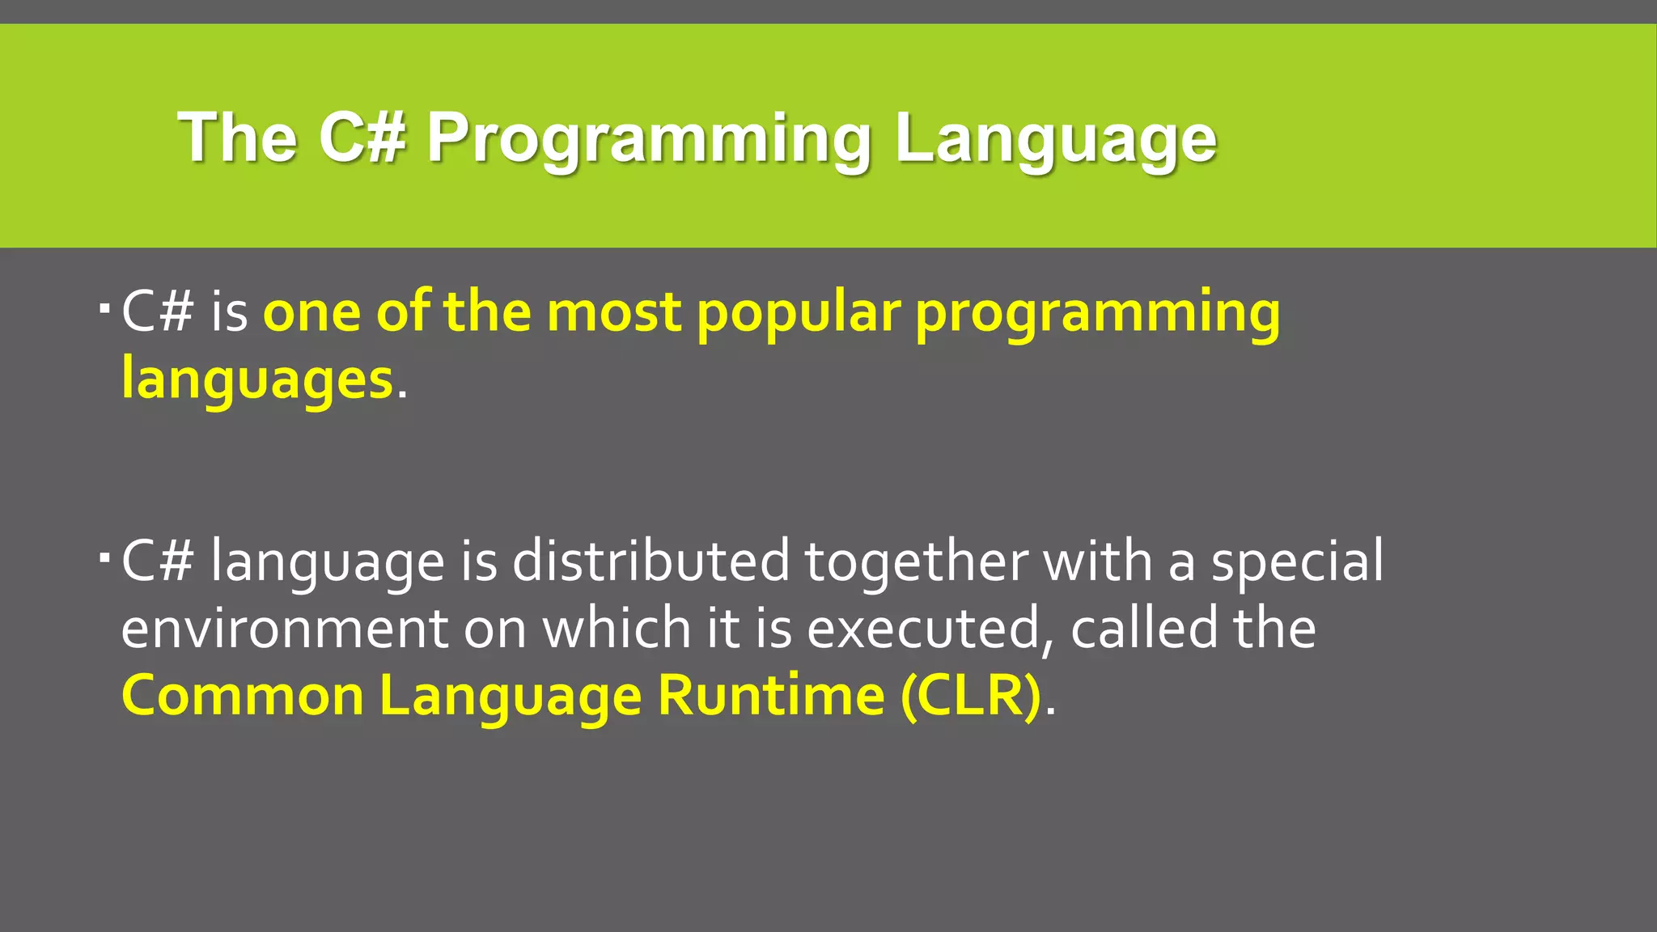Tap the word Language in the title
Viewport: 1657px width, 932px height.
point(1055,138)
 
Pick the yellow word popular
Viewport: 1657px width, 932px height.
point(798,313)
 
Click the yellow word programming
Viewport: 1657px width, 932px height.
point(1097,313)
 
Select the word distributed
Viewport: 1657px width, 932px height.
point(651,561)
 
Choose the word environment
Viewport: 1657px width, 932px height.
point(284,629)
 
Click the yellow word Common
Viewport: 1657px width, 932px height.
point(243,696)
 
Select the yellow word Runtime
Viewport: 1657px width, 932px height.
point(771,696)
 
